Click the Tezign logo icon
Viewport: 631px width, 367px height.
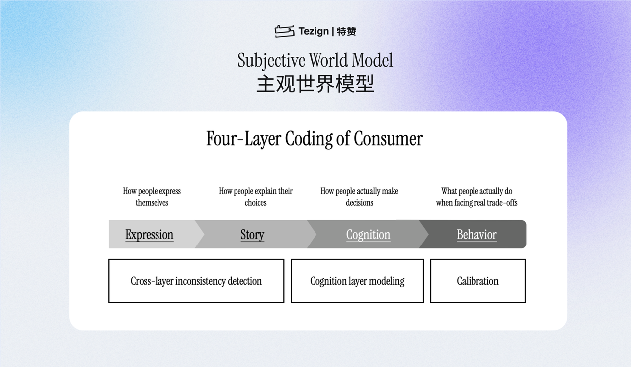285,31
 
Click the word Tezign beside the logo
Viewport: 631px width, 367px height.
314,31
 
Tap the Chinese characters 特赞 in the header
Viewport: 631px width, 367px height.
346,31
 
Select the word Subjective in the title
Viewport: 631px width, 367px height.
271,61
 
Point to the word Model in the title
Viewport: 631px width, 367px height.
372,60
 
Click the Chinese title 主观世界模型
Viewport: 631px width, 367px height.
315,84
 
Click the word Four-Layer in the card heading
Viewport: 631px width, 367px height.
243,139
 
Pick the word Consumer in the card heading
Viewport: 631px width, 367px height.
388,139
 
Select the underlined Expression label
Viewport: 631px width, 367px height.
149,235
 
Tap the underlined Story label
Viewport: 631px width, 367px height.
252,235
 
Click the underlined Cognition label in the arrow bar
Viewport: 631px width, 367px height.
368,235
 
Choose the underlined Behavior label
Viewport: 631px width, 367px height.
476,235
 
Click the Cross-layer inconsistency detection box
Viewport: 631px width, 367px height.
196,281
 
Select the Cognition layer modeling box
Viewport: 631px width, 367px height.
357,281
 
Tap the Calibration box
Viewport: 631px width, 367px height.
478,281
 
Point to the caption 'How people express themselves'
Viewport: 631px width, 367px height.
152,197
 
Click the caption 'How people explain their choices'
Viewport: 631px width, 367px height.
255,197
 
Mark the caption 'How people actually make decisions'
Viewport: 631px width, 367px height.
359,197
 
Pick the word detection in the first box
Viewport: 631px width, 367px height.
245,281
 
